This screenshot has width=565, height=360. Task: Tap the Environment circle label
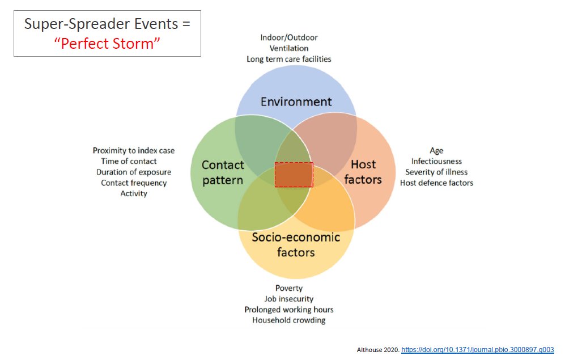tap(296, 102)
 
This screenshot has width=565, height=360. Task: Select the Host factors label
tap(363, 172)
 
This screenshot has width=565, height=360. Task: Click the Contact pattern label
tap(223, 172)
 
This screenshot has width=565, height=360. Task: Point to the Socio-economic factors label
tap(296, 244)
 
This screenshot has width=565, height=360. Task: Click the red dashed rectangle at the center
tap(294, 175)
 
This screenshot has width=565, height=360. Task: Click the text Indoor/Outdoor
tap(289, 37)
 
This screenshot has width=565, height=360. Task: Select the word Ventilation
tap(289, 48)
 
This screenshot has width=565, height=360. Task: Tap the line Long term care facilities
tap(289, 59)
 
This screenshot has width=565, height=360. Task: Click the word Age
tap(436, 151)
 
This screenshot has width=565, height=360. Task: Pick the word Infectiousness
tap(436, 162)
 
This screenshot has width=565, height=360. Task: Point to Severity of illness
tap(436, 172)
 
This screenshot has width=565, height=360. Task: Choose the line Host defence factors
tap(436, 183)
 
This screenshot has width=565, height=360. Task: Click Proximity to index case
tap(134, 151)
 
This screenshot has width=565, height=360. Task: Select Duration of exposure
tap(134, 172)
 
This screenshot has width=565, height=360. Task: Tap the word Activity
tap(134, 193)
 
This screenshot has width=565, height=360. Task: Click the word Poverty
tap(289, 288)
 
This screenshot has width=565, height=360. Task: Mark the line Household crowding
tap(289, 320)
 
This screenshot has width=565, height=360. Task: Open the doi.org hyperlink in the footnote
tap(477, 350)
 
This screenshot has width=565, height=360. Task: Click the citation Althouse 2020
tap(378, 350)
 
